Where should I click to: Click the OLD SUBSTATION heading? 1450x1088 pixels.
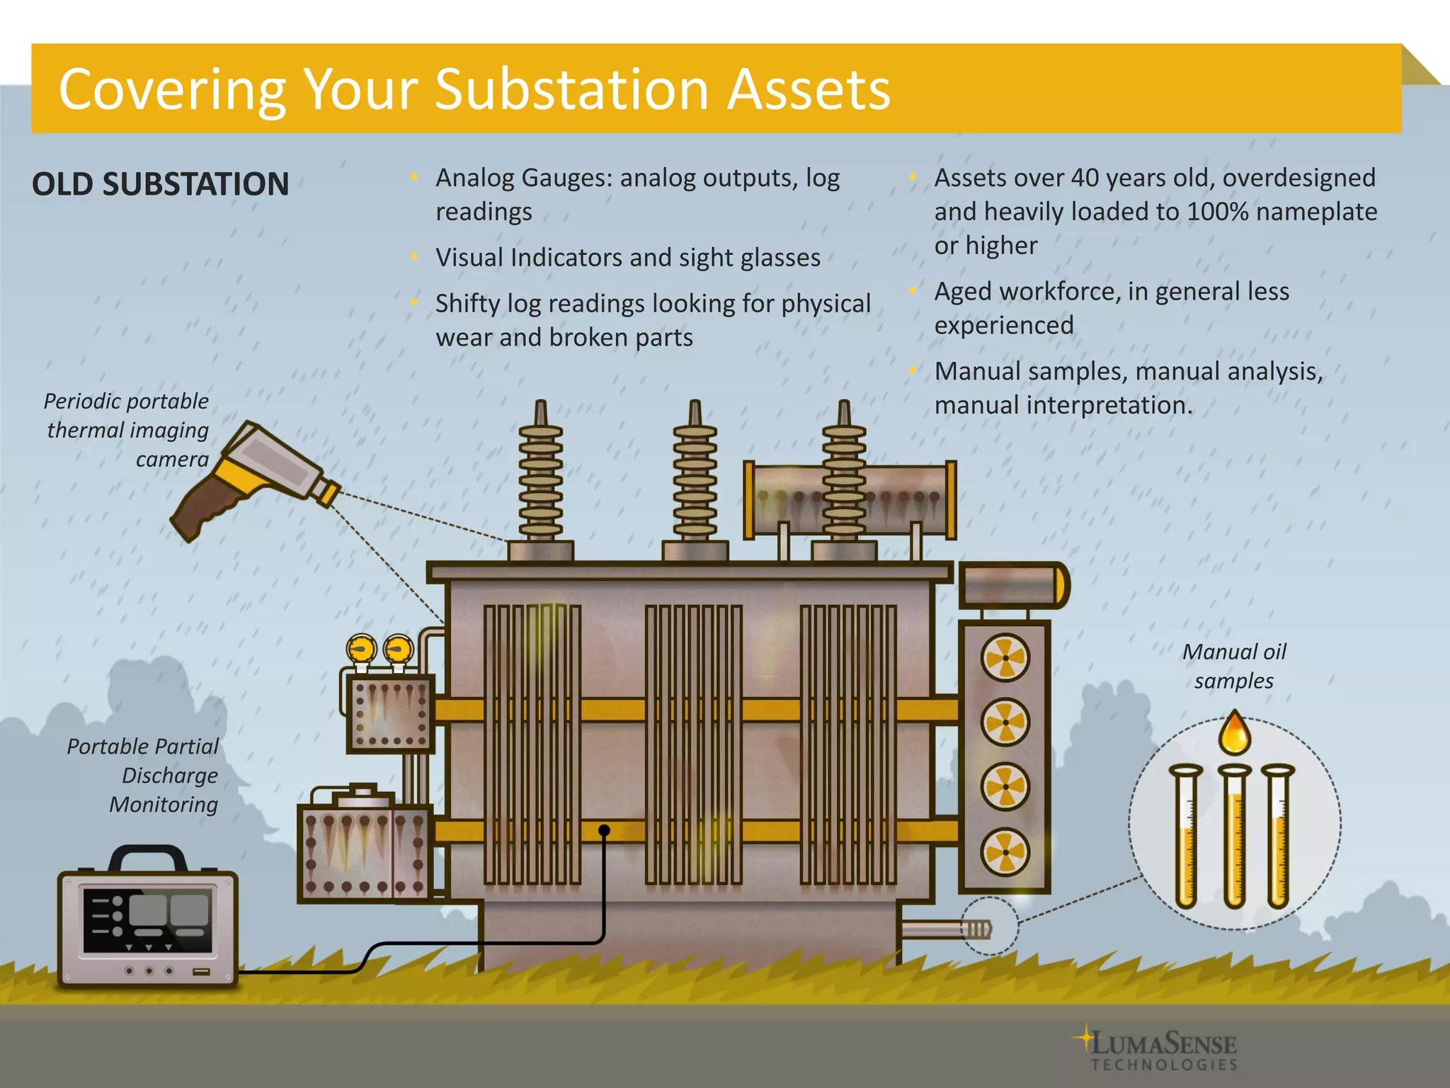tap(161, 184)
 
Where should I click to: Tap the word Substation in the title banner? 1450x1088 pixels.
tap(571, 90)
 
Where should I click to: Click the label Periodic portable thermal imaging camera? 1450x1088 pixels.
tap(127, 430)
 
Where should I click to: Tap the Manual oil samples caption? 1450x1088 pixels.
tap(1234, 666)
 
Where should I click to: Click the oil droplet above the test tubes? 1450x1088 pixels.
tap(1234, 734)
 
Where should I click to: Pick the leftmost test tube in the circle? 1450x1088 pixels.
tap(1186, 836)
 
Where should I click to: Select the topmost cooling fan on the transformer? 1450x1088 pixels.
tap(1005, 658)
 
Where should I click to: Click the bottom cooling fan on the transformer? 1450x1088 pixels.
tap(1005, 851)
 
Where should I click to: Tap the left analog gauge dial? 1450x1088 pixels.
tap(362, 649)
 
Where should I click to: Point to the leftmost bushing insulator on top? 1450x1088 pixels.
tap(541, 475)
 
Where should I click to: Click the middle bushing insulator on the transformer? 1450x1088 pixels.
tap(695, 475)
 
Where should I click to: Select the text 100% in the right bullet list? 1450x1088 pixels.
tap(1218, 212)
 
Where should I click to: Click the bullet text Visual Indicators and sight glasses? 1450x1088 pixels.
tap(628, 257)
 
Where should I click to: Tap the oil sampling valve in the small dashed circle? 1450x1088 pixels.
tap(980, 929)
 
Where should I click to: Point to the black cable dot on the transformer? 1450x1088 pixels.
tap(604, 830)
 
